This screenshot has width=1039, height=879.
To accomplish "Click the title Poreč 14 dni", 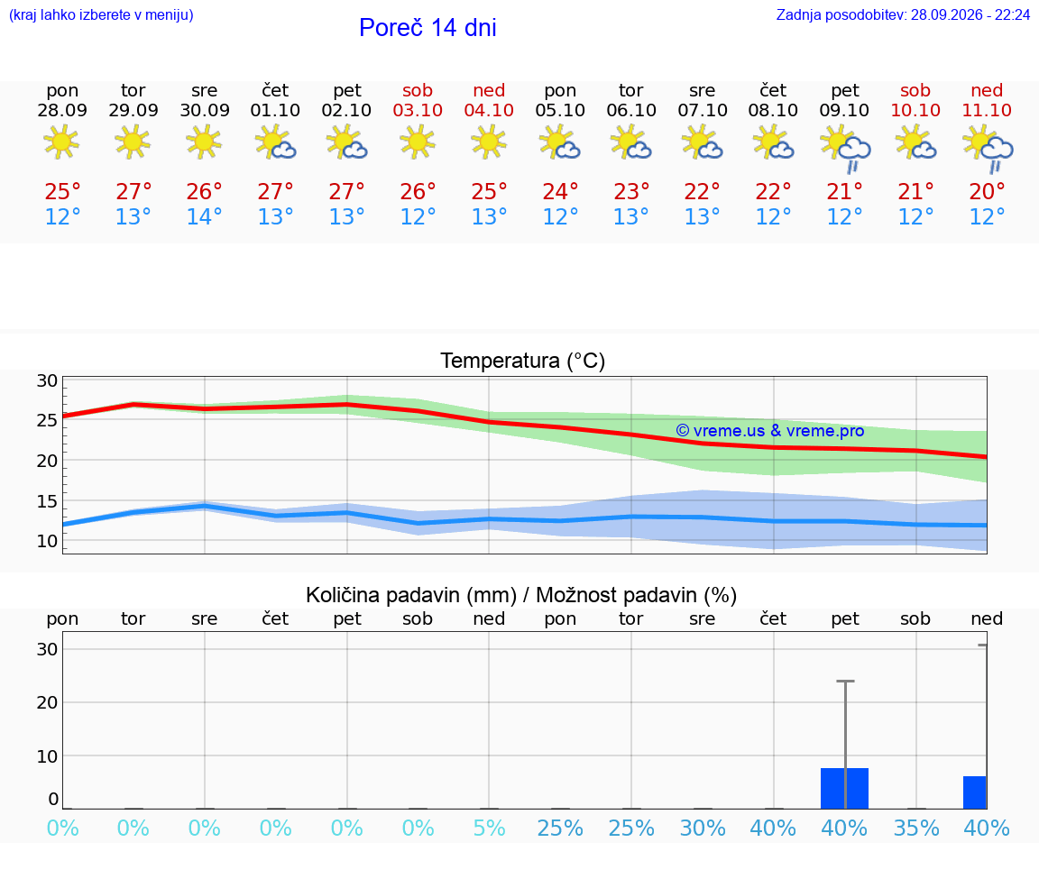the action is click(428, 28).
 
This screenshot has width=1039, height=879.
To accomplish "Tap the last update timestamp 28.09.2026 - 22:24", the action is click(970, 15).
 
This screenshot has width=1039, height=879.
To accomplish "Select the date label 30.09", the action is click(205, 110).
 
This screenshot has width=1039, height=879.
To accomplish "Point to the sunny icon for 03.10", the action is click(418, 142).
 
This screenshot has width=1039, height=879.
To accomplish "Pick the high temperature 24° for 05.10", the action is click(561, 191).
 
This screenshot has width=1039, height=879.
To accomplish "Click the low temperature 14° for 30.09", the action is click(204, 216).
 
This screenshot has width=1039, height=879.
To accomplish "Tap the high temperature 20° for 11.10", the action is click(988, 191).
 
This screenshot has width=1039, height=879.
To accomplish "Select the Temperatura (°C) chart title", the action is click(523, 361).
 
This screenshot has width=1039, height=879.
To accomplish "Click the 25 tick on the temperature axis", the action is click(47, 420).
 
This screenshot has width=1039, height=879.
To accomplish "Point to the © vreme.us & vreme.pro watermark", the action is click(770, 431).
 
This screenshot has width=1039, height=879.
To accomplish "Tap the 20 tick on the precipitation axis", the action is click(47, 702).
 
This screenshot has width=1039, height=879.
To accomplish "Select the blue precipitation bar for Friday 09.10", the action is click(845, 788).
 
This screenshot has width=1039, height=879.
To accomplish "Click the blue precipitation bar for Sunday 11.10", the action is click(975, 792).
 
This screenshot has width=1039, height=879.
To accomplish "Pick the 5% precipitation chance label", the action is click(490, 828).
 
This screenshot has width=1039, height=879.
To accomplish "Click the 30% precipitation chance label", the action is click(703, 828).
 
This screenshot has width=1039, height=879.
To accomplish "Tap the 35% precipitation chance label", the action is click(916, 828).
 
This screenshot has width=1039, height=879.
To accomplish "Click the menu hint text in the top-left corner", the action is click(101, 15).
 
